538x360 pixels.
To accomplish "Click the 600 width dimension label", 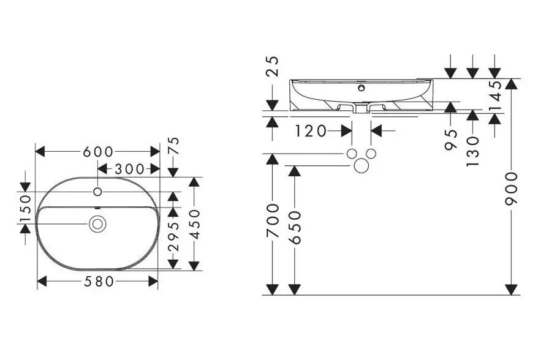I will point(98,151).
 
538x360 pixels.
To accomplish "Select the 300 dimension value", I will point(129,169).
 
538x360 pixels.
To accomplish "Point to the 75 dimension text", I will point(173,146).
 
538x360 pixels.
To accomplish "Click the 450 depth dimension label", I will point(194,224).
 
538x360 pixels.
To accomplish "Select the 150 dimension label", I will point(25,210).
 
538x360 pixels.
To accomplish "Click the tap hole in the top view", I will point(97,192).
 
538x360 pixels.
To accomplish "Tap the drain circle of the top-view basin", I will point(96,224).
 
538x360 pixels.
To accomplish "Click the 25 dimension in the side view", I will point(273,65).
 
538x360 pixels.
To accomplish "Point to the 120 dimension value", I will point(311,130).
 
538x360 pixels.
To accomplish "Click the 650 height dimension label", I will point(295,227).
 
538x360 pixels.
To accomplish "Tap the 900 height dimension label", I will point(512,189).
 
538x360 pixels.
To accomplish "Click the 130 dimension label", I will point(472,151).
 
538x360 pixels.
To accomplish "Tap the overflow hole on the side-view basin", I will point(361,88).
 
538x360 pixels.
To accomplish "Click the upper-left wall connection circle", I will point(351,154).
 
